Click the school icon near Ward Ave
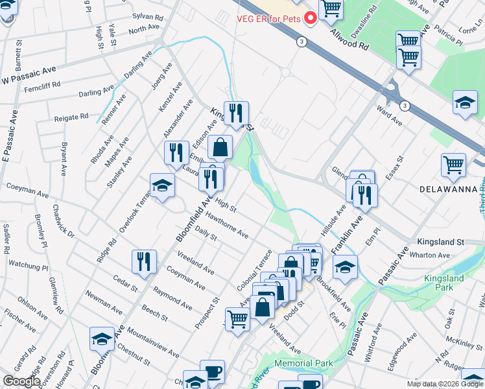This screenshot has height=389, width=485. pos(465,103)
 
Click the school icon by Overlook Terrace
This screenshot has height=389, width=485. pos(162,185)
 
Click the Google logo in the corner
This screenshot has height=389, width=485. pos(22,381)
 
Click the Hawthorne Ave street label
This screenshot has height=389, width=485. pos(227,227)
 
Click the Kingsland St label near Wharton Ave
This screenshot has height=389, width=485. pos(441,242)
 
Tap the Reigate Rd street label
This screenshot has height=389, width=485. pos(71,117)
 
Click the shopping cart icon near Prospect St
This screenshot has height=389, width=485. pos(237,318)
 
